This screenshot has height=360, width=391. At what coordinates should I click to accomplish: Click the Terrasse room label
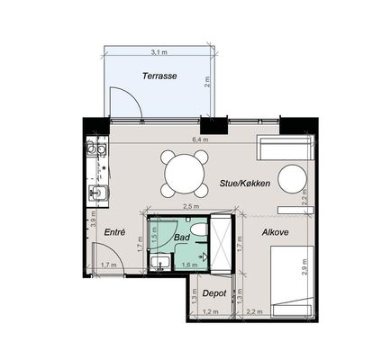159,76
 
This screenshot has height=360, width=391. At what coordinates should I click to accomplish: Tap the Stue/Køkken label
245,183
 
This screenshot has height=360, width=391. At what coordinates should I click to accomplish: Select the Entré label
114,232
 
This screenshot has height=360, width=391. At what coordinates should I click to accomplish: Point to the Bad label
182,238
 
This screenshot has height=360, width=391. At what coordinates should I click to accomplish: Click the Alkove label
275,232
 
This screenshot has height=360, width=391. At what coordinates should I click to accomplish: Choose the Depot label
214,293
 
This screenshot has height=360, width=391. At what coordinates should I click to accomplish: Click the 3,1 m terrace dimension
159,52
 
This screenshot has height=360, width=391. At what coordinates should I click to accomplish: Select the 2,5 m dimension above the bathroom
191,206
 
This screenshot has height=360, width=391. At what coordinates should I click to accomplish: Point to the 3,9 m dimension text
93,219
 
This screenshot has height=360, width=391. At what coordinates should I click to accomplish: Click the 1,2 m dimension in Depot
211,312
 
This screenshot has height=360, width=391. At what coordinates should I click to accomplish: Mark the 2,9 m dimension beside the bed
305,267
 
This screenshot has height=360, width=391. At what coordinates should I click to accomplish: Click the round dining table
185,174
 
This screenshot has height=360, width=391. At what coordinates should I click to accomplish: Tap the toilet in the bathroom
200,229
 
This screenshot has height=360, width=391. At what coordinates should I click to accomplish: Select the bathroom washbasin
160,263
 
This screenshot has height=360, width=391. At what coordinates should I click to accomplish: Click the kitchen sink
98,193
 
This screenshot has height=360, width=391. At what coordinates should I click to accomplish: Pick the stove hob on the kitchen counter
96,149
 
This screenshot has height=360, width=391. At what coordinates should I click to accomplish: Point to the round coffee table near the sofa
292,179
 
